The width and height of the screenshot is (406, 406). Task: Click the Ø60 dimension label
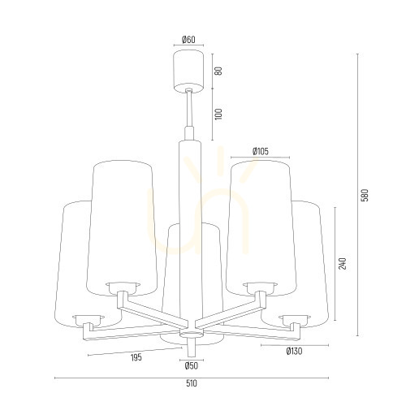pyautogui.click(x=188, y=40)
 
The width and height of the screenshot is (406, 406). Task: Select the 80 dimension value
pyautogui.click(x=219, y=71)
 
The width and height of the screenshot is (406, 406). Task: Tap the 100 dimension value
pyautogui.click(x=218, y=114)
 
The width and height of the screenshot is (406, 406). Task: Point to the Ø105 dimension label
pyautogui.click(x=261, y=151)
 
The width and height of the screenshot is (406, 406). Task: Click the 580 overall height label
pyautogui.click(x=365, y=195)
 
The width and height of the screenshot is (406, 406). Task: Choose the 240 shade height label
pyautogui.click(x=343, y=263)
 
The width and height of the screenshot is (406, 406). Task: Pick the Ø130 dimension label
pyautogui.click(x=294, y=352)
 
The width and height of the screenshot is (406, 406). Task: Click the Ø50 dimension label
pyautogui.click(x=192, y=366)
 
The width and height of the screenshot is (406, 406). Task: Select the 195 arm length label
pyautogui.click(x=136, y=357)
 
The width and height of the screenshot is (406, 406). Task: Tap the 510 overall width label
pyautogui.click(x=192, y=383)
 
